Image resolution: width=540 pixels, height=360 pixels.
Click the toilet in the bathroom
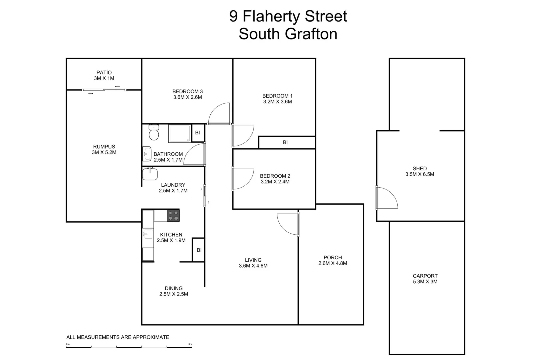154,133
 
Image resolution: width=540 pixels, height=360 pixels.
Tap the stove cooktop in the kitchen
173,215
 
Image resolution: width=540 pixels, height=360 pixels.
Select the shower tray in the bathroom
180,134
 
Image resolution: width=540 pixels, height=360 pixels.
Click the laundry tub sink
150,174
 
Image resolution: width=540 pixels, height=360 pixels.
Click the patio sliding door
104,90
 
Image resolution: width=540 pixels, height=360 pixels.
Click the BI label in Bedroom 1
285,142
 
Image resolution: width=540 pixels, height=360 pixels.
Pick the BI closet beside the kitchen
199,250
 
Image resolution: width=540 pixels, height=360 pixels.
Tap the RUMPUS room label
104,147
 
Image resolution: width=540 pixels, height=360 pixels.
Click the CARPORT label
425,276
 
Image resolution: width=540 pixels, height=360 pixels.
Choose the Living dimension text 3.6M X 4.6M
253,266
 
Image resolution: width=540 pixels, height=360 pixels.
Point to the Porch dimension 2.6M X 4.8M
333,263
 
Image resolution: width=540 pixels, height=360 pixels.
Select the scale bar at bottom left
129,347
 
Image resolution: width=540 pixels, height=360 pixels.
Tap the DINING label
173,288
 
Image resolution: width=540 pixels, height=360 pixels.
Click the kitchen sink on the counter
148,234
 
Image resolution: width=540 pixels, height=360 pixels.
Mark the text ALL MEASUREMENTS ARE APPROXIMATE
118,337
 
